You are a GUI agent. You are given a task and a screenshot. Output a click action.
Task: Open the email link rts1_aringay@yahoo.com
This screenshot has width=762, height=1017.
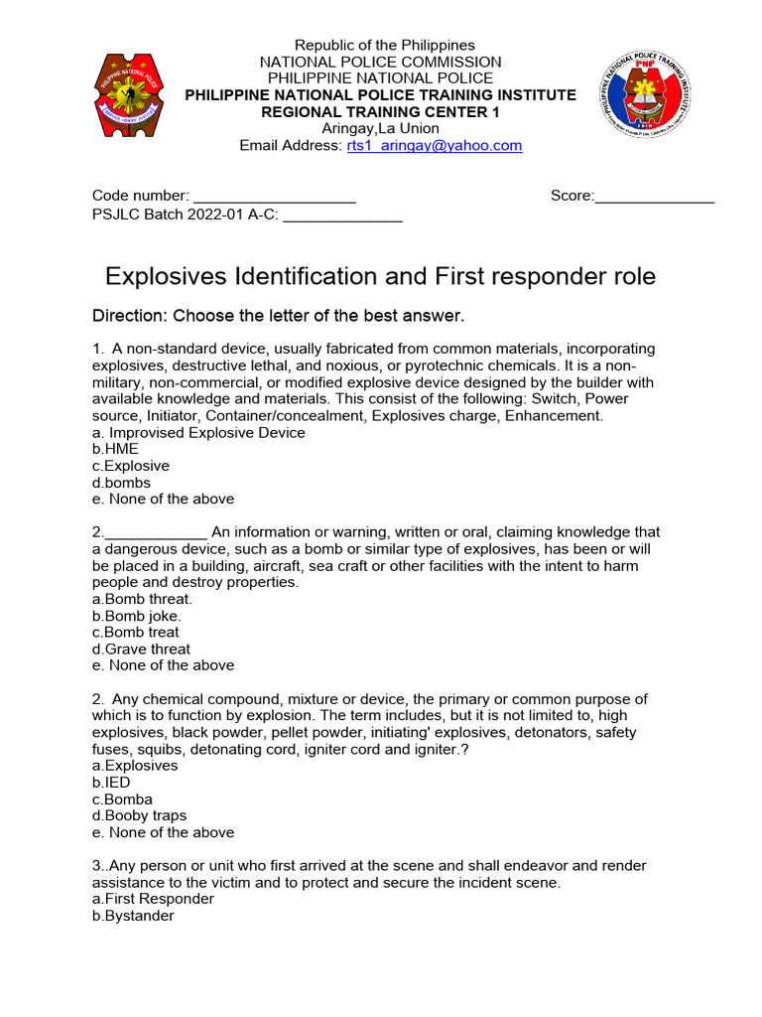coord(434,145)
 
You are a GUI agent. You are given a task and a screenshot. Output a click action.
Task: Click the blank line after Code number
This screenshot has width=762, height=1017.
coord(274,197)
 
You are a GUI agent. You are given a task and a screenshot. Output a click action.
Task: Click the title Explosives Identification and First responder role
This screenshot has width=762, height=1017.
coord(380,276)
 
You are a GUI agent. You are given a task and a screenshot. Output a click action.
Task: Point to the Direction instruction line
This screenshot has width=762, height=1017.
coord(278,316)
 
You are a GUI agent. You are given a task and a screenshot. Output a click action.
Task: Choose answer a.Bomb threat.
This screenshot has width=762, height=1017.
coord(142,599)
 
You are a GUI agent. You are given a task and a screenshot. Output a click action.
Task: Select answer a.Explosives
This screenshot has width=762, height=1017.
coord(135,766)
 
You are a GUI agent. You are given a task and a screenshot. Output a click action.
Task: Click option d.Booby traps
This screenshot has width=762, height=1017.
coord(138,815)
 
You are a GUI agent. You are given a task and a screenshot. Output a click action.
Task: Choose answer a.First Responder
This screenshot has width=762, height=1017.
coord(153,899)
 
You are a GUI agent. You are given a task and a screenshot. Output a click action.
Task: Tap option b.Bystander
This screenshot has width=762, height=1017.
coord(133,916)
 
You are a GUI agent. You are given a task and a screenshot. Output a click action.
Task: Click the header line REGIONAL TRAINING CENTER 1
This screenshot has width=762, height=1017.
coord(380,111)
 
